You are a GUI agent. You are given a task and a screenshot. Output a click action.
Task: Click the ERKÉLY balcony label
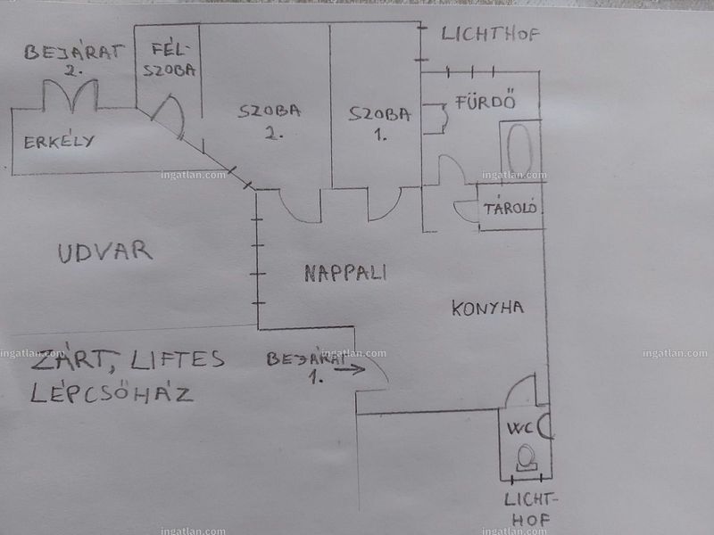(x=59, y=142)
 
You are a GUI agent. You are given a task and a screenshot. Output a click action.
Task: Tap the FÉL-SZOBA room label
(x=170, y=59)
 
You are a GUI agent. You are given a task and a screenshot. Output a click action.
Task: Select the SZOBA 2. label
(x=270, y=120)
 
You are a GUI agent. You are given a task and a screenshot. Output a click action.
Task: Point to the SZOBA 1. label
(x=379, y=123)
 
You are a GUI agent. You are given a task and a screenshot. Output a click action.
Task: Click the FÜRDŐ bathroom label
(x=486, y=100)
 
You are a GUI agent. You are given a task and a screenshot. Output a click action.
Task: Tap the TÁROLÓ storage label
(x=510, y=208)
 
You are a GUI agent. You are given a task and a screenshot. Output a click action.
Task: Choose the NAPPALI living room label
(x=345, y=273)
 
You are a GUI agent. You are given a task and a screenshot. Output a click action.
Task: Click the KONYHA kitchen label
(x=487, y=308)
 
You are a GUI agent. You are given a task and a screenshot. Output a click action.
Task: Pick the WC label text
(x=519, y=429)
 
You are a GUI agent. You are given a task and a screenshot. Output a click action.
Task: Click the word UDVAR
(x=104, y=252)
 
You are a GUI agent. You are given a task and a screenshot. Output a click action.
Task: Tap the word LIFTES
(x=177, y=359)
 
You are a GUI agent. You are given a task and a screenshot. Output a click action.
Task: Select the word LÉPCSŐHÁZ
(x=112, y=393)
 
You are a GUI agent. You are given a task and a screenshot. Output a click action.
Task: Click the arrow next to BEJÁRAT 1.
(x=349, y=369)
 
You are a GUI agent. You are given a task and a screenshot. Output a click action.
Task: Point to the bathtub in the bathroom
(x=519, y=150)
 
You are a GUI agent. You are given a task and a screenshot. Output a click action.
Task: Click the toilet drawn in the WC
(x=527, y=457)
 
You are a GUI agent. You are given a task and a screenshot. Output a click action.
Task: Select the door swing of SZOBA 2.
(x=292, y=214)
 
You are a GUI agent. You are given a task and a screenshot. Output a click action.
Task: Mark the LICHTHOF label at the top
(x=490, y=34)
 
